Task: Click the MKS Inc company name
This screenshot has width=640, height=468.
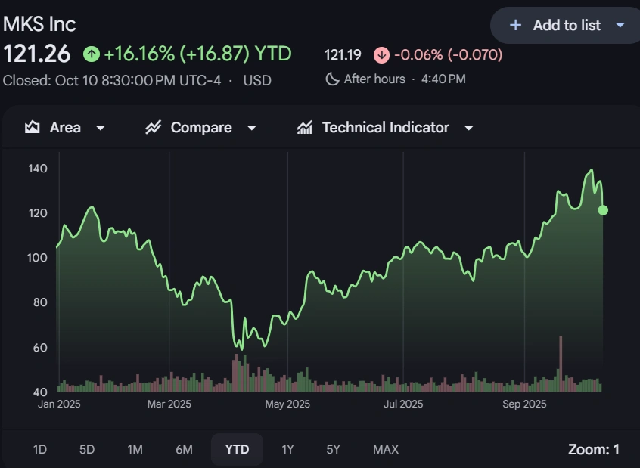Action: (x=39, y=24)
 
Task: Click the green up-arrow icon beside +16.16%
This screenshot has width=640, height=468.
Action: (x=92, y=54)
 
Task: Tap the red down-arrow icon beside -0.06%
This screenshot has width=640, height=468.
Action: (x=381, y=55)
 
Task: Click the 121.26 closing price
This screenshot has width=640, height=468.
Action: (x=37, y=54)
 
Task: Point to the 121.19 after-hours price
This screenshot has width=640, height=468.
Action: (x=343, y=55)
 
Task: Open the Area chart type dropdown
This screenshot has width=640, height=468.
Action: (x=64, y=128)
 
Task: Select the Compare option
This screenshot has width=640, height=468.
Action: (x=200, y=128)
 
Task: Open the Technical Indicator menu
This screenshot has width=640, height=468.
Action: (x=385, y=128)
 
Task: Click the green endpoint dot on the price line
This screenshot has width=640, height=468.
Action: (x=603, y=210)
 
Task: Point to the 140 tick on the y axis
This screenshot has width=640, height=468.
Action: (x=38, y=169)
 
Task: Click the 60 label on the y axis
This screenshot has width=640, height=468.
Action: (x=40, y=348)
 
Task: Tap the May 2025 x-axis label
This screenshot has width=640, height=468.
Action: (x=287, y=404)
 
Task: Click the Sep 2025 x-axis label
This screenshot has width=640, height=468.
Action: (x=524, y=404)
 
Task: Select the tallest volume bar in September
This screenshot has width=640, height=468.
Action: (x=561, y=363)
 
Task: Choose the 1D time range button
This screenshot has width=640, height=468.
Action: (x=40, y=450)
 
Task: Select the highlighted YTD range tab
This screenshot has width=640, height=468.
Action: (x=237, y=450)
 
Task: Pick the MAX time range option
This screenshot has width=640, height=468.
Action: (x=386, y=450)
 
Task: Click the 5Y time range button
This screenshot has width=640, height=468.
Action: (x=334, y=450)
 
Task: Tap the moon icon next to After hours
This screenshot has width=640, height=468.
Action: (x=332, y=79)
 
